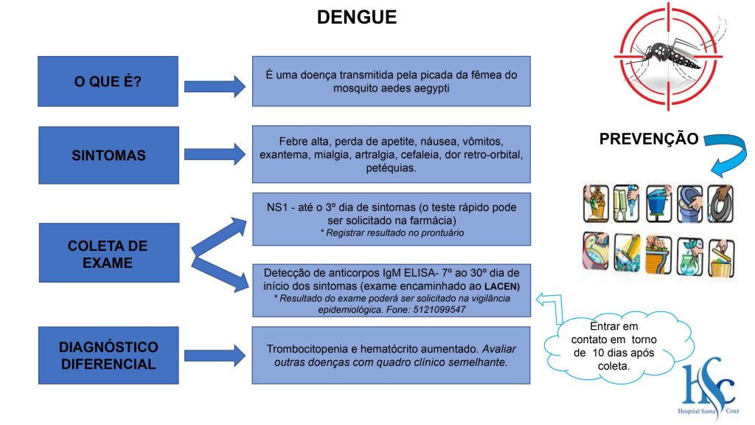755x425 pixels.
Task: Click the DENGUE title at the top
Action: click(x=357, y=18)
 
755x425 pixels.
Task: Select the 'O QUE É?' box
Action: click(x=108, y=81)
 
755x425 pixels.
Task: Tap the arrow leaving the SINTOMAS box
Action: click(x=215, y=154)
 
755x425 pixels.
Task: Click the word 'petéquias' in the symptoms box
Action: click(x=391, y=168)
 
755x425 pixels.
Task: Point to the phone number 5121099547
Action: click(x=439, y=310)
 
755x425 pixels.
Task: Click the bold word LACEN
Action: click(x=501, y=286)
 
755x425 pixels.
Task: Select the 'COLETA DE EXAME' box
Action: click(x=109, y=252)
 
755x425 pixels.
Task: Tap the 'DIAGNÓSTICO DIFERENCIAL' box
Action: click(x=108, y=356)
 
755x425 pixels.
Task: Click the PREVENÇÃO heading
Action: click(x=649, y=139)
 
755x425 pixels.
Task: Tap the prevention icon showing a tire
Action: click(x=721, y=204)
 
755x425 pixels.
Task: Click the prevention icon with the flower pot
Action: click(x=596, y=204)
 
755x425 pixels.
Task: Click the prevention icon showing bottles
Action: click(x=627, y=204)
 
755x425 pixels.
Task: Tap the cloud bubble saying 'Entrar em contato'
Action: click(x=616, y=346)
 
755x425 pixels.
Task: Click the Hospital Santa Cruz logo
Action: click(x=709, y=388)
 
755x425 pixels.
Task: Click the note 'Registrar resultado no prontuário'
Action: click(x=392, y=233)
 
